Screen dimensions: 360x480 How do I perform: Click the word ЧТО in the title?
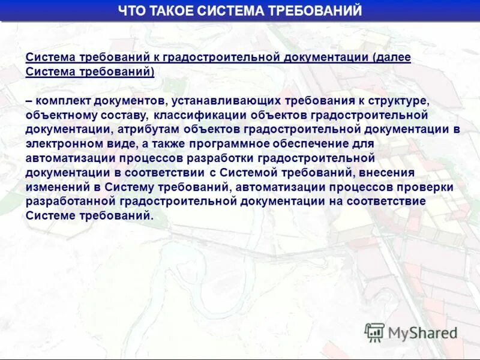click(131, 11)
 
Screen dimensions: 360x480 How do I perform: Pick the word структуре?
click(402, 100)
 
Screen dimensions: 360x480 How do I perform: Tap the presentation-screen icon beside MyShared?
click(374, 332)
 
